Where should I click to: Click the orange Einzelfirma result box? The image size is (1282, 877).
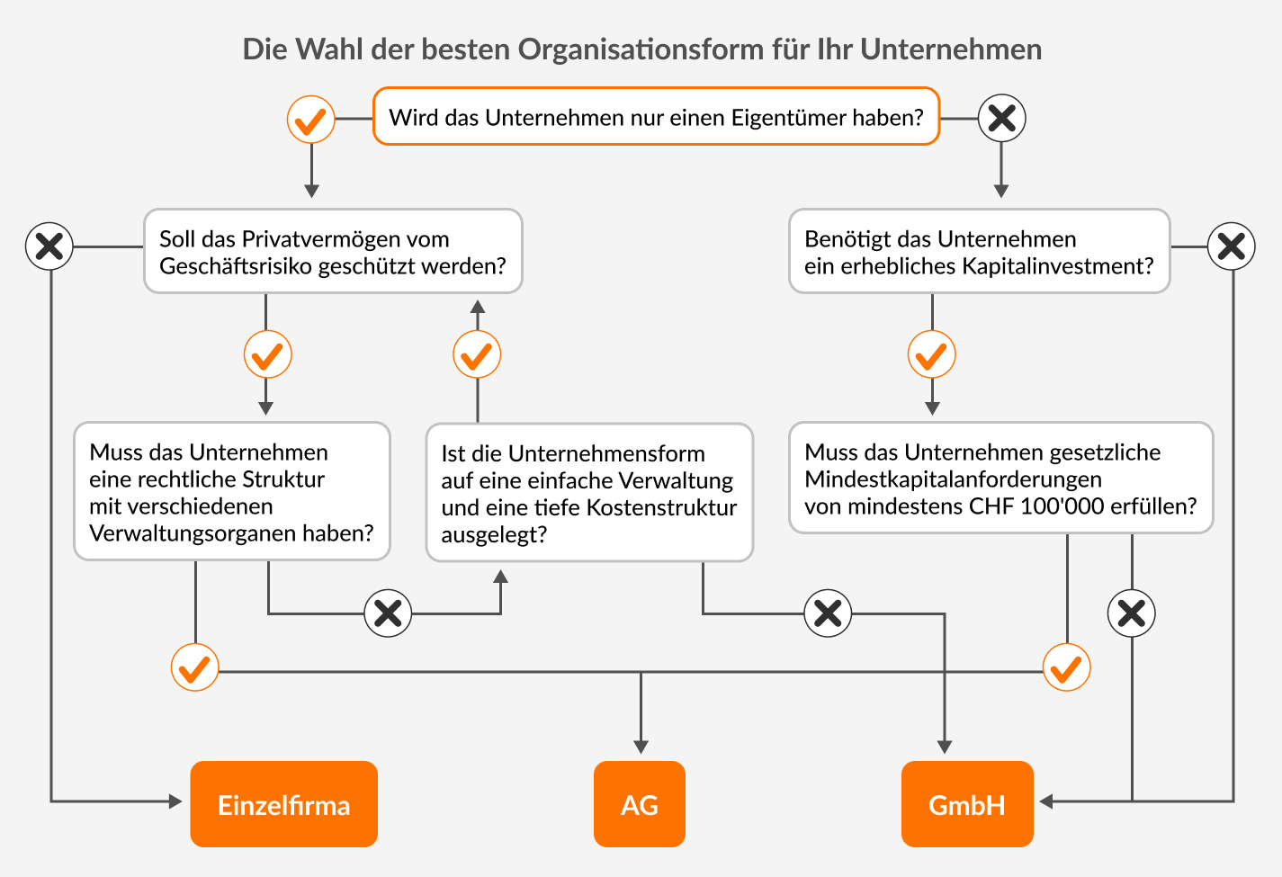click(284, 804)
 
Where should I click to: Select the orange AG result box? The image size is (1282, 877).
click(640, 804)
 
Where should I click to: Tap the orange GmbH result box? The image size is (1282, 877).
click(967, 804)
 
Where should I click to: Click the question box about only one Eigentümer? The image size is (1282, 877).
click(656, 117)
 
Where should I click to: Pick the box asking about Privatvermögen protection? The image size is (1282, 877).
click(333, 251)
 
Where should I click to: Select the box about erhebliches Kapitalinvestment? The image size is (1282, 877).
click(979, 251)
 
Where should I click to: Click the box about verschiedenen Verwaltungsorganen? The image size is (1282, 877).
click(232, 491)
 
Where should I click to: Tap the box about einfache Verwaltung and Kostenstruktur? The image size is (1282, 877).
click(589, 493)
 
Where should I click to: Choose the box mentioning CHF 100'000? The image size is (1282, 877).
click(1001, 479)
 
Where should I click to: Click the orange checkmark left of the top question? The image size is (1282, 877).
click(310, 119)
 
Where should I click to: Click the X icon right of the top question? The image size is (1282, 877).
click(1001, 119)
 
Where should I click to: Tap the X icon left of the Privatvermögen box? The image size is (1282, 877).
click(49, 246)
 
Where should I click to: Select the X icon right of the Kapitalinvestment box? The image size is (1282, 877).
click(1232, 246)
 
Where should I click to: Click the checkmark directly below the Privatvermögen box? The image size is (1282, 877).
click(267, 354)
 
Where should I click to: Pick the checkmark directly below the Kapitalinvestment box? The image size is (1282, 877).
click(932, 354)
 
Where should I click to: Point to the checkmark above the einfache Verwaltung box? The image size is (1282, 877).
click(477, 354)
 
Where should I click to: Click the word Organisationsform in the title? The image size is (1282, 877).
click(641, 49)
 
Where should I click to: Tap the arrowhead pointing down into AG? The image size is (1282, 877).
click(641, 747)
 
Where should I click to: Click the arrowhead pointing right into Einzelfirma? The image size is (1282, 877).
click(175, 801)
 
